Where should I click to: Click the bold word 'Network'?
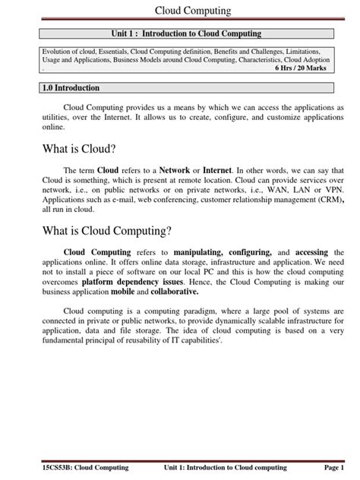(174, 172)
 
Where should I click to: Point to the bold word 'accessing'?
(311, 251)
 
